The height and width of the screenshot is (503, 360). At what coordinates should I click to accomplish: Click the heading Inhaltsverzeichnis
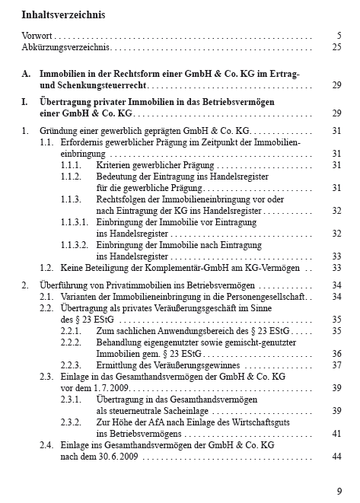pos(63,14)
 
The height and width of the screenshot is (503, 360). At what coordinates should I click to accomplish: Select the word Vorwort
pos(37,36)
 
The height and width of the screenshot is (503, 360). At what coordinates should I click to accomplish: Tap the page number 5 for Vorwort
pos(338,36)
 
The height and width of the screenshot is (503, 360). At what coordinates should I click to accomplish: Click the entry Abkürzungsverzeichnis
pos(65,47)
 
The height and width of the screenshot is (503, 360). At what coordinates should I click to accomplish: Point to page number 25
pos(336,47)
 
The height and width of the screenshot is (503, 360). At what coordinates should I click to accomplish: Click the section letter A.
pos(26,74)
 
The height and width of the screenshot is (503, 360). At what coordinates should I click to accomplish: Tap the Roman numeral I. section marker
pos(25,101)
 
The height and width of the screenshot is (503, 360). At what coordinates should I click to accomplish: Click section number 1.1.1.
pos(72,164)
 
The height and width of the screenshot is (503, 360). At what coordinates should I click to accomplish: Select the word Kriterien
pos(115,164)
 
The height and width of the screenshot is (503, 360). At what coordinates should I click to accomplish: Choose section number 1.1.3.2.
pos(75,245)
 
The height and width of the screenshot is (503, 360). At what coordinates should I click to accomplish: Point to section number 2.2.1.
pos(72,331)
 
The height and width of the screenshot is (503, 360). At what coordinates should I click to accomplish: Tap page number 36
pos(336,353)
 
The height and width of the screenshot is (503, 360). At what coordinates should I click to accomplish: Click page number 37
pos(336,365)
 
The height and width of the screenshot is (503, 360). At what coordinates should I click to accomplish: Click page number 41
pos(336,433)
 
